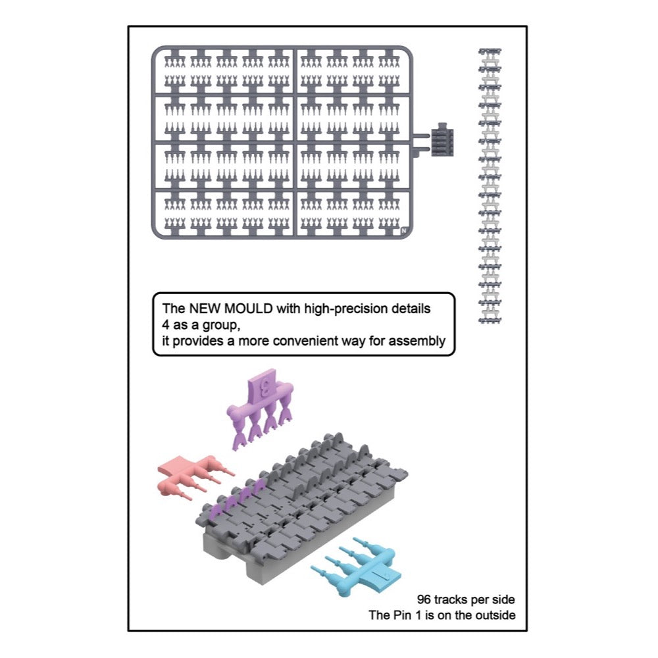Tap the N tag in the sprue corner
point(403,230)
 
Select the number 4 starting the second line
point(164,324)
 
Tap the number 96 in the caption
point(425,599)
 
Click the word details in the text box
point(411,308)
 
